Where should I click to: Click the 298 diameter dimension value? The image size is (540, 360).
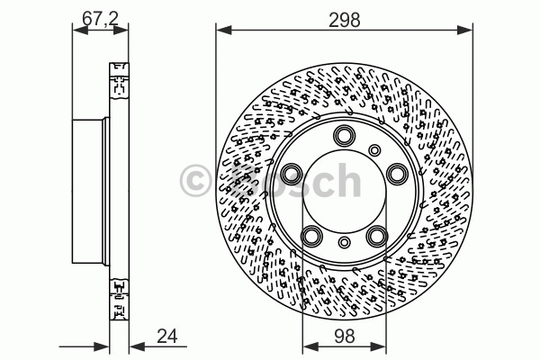(x=344, y=20)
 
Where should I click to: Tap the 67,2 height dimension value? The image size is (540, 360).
(x=100, y=18)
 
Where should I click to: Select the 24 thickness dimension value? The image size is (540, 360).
(x=167, y=336)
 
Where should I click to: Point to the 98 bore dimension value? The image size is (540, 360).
(x=344, y=336)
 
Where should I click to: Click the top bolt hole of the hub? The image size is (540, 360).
(x=345, y=135)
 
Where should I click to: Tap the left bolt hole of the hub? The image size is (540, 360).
(x=292, y=173)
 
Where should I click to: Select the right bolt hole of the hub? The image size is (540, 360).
(x=397, y=174)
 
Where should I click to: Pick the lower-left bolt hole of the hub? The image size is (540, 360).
(x=312, y=236)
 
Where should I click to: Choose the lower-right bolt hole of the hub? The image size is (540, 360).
(x=377, y=236)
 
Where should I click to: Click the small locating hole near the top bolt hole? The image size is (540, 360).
(x=374, y=150)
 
